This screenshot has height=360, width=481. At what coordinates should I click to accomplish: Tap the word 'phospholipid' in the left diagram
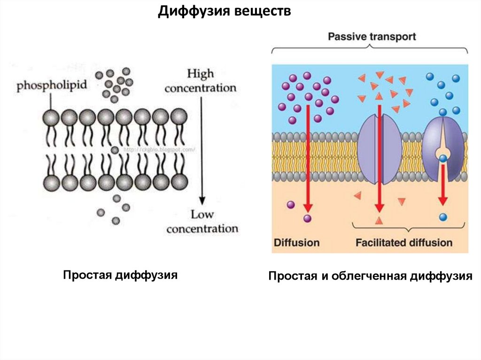(47, 86)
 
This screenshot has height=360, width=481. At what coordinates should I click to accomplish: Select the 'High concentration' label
(201, 81)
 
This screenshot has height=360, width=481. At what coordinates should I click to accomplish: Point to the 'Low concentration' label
(202, 222)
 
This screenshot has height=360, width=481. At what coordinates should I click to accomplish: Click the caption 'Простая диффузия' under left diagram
(121, 275)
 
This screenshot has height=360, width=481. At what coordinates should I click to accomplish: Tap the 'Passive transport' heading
(371, 37)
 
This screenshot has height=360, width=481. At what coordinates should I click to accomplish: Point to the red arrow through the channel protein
(379, 160)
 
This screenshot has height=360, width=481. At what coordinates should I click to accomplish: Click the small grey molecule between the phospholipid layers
(115, 150)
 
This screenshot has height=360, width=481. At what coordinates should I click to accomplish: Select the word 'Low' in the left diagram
(202, 215)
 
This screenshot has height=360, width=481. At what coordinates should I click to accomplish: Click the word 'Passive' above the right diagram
(344, 37)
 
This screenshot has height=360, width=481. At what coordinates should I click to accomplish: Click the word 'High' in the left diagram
(201, 74)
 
